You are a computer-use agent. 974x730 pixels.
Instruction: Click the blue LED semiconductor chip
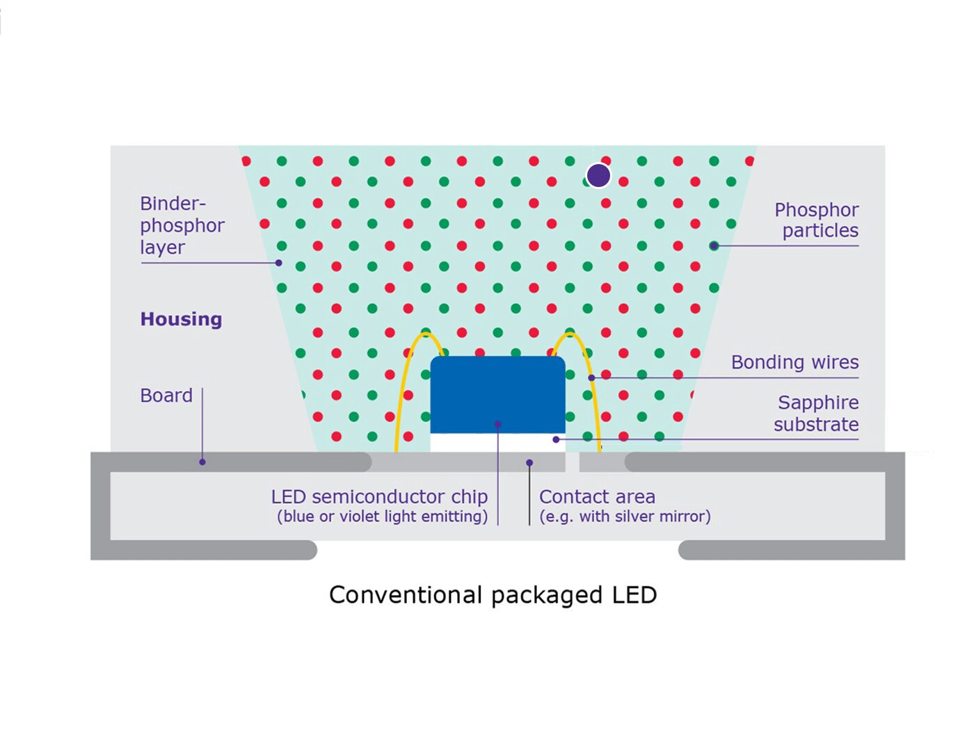pos(497,394)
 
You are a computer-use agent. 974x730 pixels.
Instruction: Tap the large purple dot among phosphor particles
pos(598,175)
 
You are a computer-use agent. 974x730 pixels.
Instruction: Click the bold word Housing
pos(181,318)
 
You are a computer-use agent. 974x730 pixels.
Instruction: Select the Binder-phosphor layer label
pos(182,225)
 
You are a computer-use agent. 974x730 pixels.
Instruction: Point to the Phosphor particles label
pos(816,220)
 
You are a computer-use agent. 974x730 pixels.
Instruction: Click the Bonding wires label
pos(795,362)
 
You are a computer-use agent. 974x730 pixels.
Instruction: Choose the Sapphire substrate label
pos(816,413)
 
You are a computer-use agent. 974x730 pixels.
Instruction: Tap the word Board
pos(166,395)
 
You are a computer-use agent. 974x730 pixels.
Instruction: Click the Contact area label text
pos(597,496)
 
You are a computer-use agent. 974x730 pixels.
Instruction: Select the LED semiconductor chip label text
pos(379,496)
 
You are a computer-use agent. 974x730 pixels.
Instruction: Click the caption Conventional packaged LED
pos(493,594)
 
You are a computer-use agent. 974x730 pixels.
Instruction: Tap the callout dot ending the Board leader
pos(202,462)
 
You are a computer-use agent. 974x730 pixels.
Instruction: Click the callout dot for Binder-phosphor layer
pos(279,263)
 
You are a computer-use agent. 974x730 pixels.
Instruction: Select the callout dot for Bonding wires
pos(591,378)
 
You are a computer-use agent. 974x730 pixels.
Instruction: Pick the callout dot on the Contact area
pos(529,463)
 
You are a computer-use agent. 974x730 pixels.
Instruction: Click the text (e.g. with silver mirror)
pos(625,517)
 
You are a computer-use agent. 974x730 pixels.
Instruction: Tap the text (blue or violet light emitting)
pos(382,517)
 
